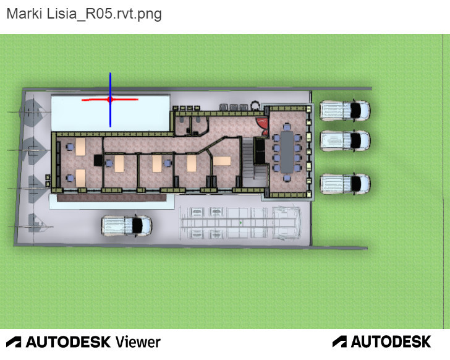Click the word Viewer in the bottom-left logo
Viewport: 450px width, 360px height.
click(138, 342)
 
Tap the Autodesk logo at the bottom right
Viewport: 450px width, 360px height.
click(382, 341)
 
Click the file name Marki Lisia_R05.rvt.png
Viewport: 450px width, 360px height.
click(84, 14)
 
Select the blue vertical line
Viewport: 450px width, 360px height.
click(110, 100)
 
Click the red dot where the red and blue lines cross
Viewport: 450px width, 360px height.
click(110, 100)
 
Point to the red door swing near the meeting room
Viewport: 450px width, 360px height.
click(263, 126)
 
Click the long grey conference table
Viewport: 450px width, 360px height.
click(287, 152)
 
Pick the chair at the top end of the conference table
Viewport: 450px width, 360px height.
click(287, 127)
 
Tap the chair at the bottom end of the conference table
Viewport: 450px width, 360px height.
click(287, 178)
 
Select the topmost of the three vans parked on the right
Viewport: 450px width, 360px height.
click(345, 111)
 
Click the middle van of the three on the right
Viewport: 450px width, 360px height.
click(345, 140)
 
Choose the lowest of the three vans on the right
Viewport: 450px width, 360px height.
click(345, 184)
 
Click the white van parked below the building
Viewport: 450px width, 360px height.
click(127, 226)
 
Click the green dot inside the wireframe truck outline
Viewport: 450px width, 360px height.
click(240, 223)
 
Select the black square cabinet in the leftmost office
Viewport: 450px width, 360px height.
click(98, 160)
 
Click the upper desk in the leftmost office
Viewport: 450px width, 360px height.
click(80, 147)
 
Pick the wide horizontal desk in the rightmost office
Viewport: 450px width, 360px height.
click(222, 161)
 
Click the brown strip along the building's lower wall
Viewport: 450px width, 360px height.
click(112, 197)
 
